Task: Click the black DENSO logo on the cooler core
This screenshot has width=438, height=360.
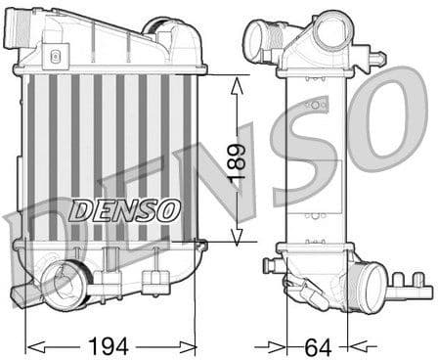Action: (124, 208)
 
